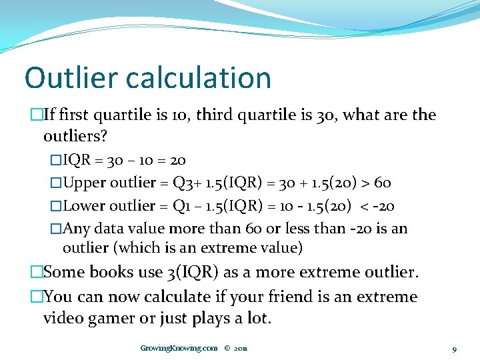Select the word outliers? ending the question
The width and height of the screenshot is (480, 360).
(75, 137)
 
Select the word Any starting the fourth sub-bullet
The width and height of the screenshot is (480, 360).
(76, 228)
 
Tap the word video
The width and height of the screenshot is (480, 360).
(62, 318)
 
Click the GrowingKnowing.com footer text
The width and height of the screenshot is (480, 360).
(179, 348)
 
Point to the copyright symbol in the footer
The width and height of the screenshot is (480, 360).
(227, 348)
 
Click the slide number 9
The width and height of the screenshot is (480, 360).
(454, 349)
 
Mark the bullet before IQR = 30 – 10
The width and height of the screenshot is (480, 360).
(56, 161)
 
